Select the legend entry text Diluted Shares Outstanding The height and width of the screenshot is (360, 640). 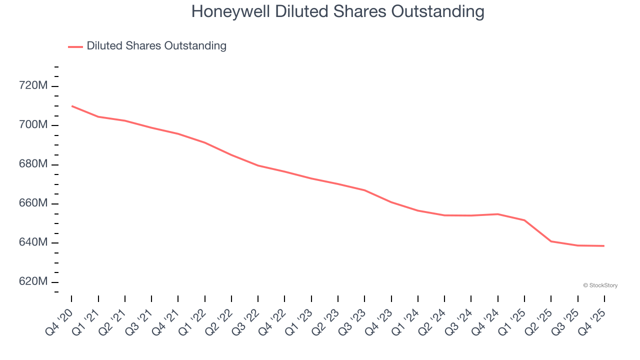[x=156, y=46]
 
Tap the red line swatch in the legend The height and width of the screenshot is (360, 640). [x=75, y=46]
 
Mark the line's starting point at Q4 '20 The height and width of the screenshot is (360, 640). [x=71, y=106]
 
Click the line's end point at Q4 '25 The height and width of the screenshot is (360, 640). [x=604, y=246]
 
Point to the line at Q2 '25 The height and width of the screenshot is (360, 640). [x=551, y=241]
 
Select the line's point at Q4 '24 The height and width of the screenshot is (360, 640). [x=498, y=214]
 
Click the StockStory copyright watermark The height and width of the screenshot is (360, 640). [x=600, y=285]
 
